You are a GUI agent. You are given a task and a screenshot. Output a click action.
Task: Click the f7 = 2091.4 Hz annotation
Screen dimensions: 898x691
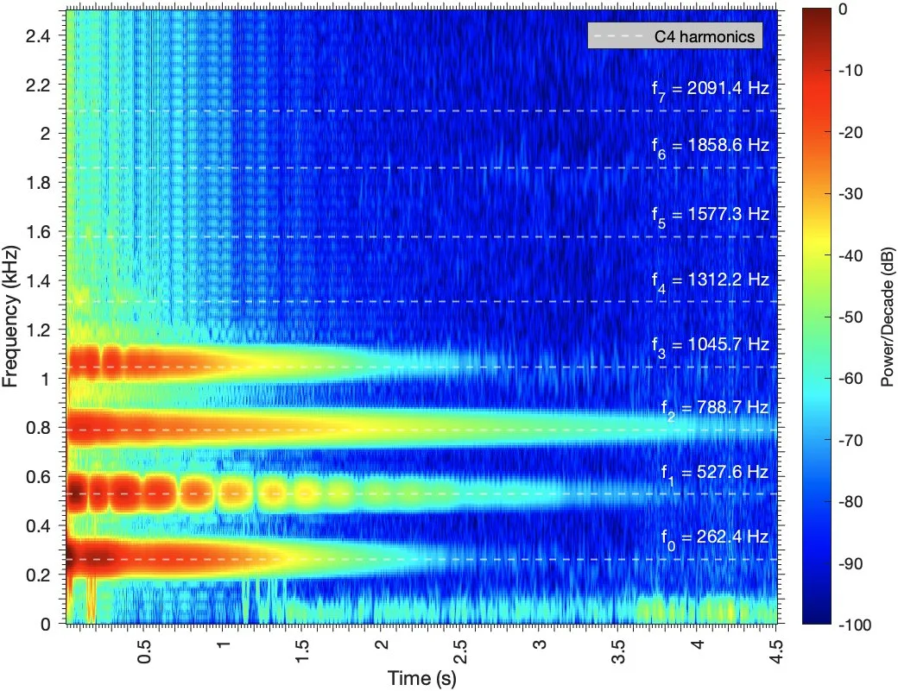[x=710, y=90]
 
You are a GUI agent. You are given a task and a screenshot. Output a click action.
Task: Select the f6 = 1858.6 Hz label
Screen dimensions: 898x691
[x=710, y=147]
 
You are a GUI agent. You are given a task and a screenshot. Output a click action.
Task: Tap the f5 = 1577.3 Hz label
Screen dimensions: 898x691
[x=710, y=216]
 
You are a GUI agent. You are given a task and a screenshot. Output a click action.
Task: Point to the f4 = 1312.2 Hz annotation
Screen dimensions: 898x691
[x=710, y=281]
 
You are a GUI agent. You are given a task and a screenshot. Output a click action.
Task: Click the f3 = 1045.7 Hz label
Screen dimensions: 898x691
[x=710, y=347]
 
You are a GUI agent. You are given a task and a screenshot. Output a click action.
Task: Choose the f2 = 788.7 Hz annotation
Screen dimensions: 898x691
[x=715, y=409]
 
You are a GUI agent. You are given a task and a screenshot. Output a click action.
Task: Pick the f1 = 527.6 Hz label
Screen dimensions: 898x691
[x=715, y=474]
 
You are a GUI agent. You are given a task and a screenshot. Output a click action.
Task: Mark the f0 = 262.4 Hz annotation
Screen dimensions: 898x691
[x=715, y=539]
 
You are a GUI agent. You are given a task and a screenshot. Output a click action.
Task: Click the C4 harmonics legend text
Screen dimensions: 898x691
[x=705, y=36]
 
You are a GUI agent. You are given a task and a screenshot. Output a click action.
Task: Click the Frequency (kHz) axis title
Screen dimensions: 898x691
[x=9, y=317]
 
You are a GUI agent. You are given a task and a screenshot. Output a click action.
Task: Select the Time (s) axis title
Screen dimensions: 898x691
[x=422, y=678]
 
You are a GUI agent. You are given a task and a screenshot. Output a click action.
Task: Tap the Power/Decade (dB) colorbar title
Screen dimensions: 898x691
[x=887, y=317]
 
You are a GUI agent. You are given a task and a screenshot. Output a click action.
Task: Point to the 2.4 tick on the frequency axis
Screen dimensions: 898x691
[x=38, y=36]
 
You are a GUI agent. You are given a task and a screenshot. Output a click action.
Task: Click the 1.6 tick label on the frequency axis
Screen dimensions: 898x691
[x=38, y=232]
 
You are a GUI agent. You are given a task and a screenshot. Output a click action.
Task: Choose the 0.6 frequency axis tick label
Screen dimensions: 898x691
[x=38, y=476]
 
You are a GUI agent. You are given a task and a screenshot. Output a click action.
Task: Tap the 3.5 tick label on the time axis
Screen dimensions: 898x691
[x=618, y=651]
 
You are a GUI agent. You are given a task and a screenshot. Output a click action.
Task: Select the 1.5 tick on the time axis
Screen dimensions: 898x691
[x=302, y=651]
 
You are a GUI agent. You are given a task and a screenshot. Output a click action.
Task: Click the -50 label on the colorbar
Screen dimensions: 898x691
[x=851, y=317]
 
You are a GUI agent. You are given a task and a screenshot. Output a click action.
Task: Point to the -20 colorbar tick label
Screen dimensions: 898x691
[x=851, y=132]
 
